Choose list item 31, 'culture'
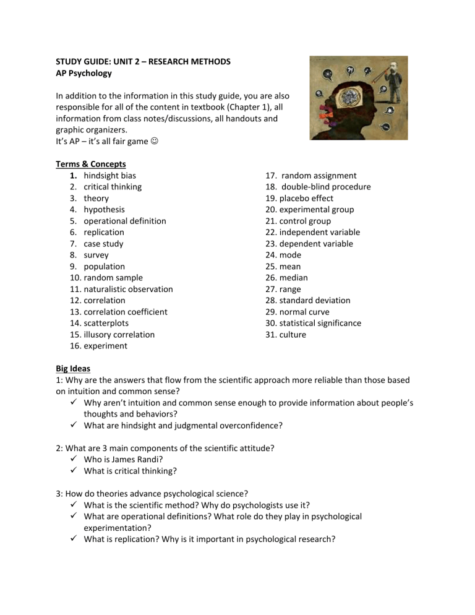coord(293,335)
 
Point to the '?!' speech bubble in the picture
coord(350,69)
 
